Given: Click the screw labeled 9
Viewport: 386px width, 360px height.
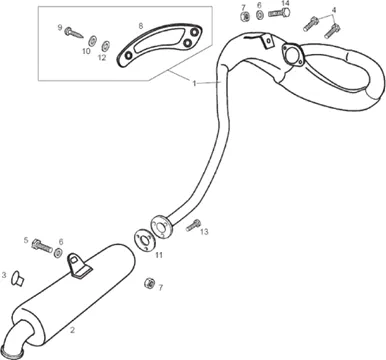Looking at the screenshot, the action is tap(74, 32).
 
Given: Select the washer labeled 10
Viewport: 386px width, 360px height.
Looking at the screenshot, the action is tap(91, 41).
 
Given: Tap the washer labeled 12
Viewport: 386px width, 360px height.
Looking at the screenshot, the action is tap(106, 46).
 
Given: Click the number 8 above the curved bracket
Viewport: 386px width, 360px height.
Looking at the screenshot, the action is tap(141, 26).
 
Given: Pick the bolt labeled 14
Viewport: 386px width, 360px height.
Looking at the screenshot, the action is tap(279, 13).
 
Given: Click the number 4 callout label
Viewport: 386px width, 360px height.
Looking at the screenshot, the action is tap(334, 10).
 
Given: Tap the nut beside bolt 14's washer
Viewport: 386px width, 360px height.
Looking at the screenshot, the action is tap(245, 16).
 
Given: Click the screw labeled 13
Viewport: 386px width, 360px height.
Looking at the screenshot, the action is tap(193, 225).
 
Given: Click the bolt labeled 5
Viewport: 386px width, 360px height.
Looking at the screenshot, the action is tap(42, 246).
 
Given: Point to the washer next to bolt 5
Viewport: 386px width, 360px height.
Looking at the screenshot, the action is tap(58, 253).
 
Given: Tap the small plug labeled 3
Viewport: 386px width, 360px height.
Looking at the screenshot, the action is tap(17, 279).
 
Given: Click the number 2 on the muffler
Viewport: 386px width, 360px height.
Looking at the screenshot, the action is tap(72, 330).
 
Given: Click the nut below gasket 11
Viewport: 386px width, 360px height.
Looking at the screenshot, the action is tap(149, 283).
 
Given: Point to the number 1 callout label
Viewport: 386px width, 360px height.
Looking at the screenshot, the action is tap(194, 83).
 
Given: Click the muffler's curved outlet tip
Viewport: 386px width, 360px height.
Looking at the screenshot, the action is tap(17, 338).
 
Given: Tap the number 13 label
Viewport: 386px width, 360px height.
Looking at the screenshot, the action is tap(204, 231).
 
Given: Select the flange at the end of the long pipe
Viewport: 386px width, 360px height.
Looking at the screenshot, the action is tap(161, 227).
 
